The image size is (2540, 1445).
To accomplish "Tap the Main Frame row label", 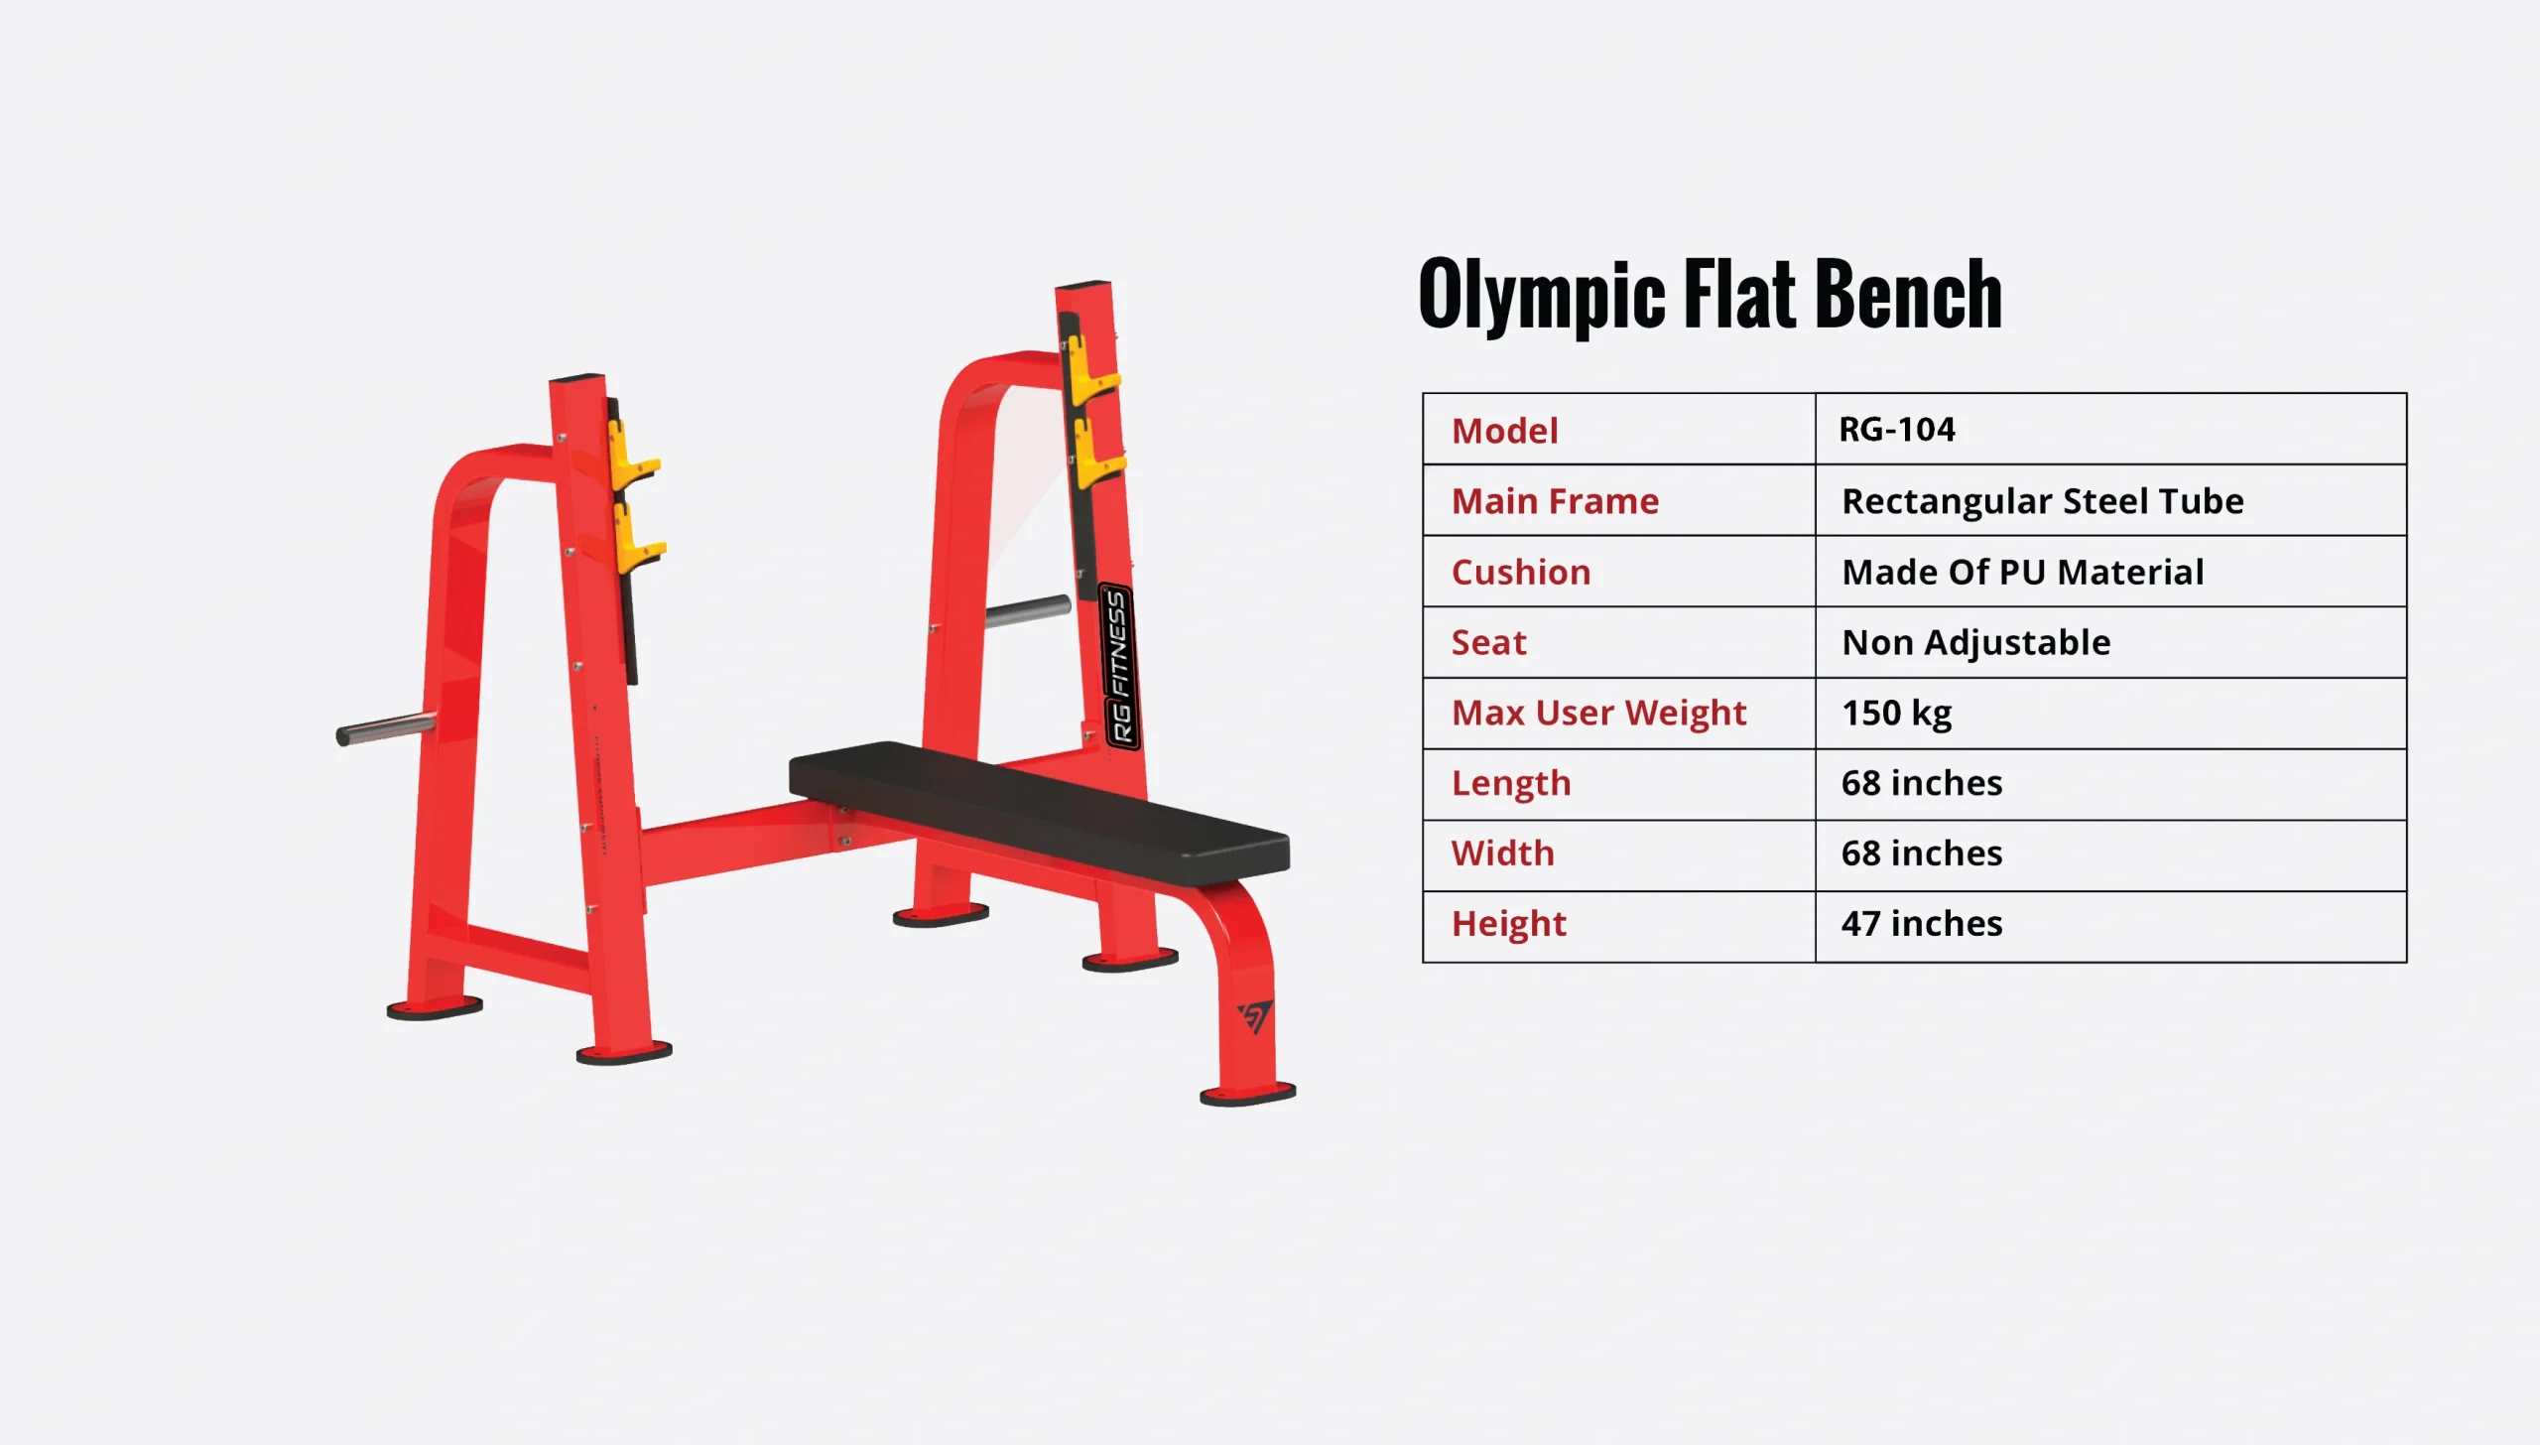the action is [1555, 501].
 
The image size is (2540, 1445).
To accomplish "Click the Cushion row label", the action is [1521, 572].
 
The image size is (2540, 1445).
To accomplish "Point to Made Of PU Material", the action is [2023, 572].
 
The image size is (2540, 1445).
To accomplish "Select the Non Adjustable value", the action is [1975, 642].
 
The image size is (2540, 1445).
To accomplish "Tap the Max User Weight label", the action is [1598, 713].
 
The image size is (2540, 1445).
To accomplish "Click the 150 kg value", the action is [1897, 713].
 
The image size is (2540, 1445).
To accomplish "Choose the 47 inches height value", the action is [1922, 923].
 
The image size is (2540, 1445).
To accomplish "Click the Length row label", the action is [1511, 783].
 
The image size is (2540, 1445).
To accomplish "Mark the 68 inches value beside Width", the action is [1922, 853].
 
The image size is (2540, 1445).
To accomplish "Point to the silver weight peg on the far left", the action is [385, 729].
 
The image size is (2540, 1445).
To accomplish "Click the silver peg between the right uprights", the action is [1027, 611].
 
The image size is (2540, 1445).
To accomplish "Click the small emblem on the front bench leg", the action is [1255, 1016].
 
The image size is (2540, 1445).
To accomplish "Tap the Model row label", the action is [1504, 431].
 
